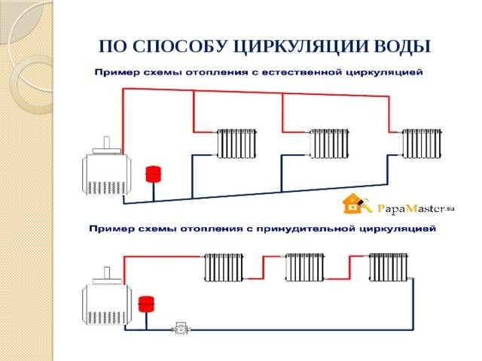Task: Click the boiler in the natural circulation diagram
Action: tap(106, 170)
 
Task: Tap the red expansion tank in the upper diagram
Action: tap(154, 174)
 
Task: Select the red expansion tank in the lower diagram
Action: tap(146, 304)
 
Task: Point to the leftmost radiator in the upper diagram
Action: tap(236, 144)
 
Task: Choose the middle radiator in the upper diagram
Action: tap(329, 144)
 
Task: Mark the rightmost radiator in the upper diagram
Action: tap(422, 144)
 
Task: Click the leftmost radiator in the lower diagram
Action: tap(224, 268)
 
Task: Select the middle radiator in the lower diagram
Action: tap(304, 268)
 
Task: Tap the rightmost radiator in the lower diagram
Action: tap(389, 268)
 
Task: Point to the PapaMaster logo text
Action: tap(416, 209)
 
